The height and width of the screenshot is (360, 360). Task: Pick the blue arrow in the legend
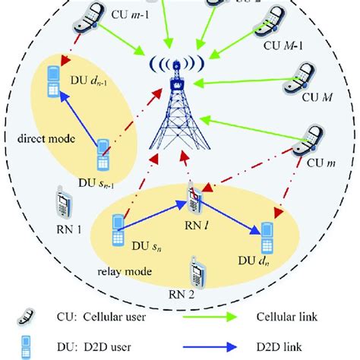(251, 347)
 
